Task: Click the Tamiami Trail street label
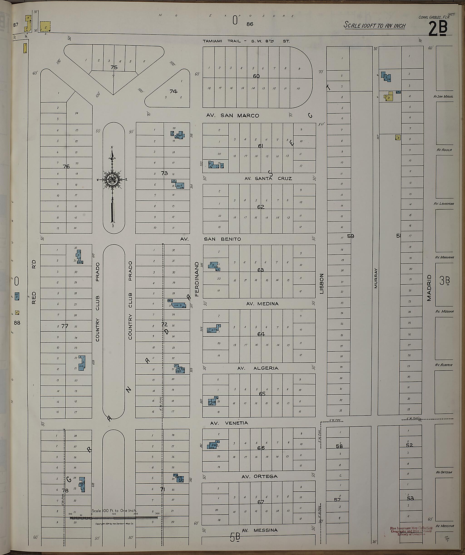click(x=246, y=41)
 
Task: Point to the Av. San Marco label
click(x=232, y=115)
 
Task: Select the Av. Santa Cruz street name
click(x=268, y=179)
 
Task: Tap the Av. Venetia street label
click(x=229, y=423)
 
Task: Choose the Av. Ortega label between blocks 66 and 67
click(x=260, y=476)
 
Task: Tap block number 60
click(x=256, y=76)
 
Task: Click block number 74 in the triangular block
click(x=173, y=92)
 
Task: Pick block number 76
click(x=66, y=167)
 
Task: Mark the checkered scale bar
click(x=114, y=518)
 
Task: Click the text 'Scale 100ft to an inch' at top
click(x=374, y=26)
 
